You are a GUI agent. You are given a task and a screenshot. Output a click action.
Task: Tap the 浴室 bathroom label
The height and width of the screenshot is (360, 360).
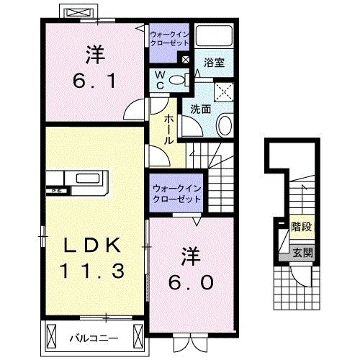pos(214,63)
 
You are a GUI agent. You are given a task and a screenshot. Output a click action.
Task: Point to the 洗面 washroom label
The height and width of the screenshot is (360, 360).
pos(200,109)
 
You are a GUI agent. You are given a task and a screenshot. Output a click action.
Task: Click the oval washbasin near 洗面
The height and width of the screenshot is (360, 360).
pos(224,126)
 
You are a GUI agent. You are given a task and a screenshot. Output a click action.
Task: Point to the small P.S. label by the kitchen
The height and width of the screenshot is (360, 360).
pos(55,191)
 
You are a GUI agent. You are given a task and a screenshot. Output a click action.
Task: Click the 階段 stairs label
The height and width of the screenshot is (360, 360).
pos(300,225)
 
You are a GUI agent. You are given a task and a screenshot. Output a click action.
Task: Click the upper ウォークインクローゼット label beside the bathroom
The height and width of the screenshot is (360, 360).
pos(168,37)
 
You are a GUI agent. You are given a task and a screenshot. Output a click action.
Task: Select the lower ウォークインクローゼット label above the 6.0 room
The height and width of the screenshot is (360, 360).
pos(176,193)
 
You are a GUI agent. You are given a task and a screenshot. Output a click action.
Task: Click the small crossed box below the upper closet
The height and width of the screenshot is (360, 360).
pos(186,60)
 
